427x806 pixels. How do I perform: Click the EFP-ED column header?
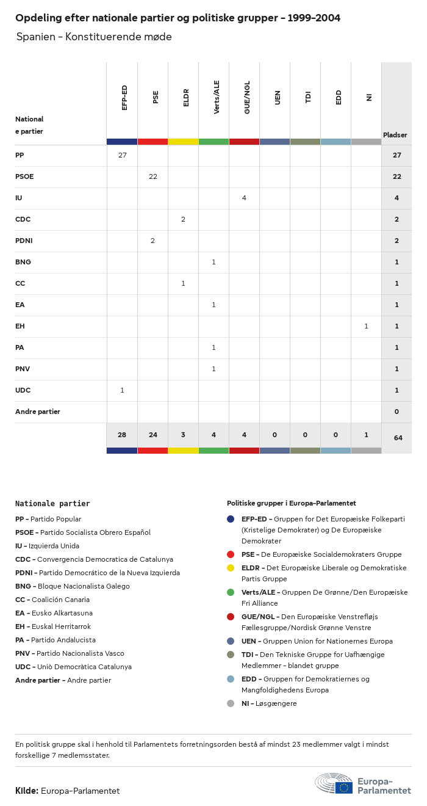[124, 98]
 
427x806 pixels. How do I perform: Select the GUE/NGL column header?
[247, 97]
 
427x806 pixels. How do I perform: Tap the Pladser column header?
[395, 135]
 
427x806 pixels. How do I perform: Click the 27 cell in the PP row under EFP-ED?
[122, 155]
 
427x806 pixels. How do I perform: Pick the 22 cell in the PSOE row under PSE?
[152, 176]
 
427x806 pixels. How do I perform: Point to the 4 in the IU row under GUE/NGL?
[244, 198]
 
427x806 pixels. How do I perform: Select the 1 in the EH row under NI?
[366, 326]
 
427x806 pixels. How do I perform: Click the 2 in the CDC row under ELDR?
[183, 219]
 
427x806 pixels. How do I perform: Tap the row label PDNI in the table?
[24, 241]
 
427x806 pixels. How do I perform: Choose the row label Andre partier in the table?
[38, 412]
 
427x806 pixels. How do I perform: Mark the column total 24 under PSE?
[152, 435]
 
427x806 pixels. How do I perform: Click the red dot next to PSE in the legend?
[231, 554]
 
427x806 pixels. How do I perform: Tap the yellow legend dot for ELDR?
[231, 568]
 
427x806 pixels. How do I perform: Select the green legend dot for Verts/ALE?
[231, 592]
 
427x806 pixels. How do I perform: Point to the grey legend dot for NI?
[231, 703]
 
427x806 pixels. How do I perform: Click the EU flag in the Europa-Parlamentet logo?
[343, 788]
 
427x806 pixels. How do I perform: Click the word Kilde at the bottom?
[26, 791]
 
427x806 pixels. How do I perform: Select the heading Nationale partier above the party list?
[52, 504]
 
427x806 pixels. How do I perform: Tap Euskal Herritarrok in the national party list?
[61, 626]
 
